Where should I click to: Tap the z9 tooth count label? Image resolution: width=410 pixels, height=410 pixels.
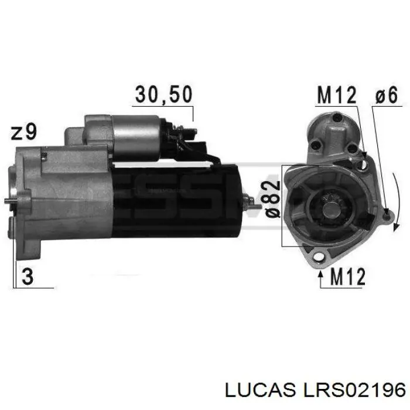coord(24,132)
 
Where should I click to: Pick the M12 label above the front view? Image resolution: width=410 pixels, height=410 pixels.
coord(336,94)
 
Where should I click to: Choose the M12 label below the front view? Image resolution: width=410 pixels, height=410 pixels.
coord(347,276)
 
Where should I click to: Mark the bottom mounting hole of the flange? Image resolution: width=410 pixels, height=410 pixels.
coord(320,256)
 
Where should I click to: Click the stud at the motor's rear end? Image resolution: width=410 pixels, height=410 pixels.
coord(251,202)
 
